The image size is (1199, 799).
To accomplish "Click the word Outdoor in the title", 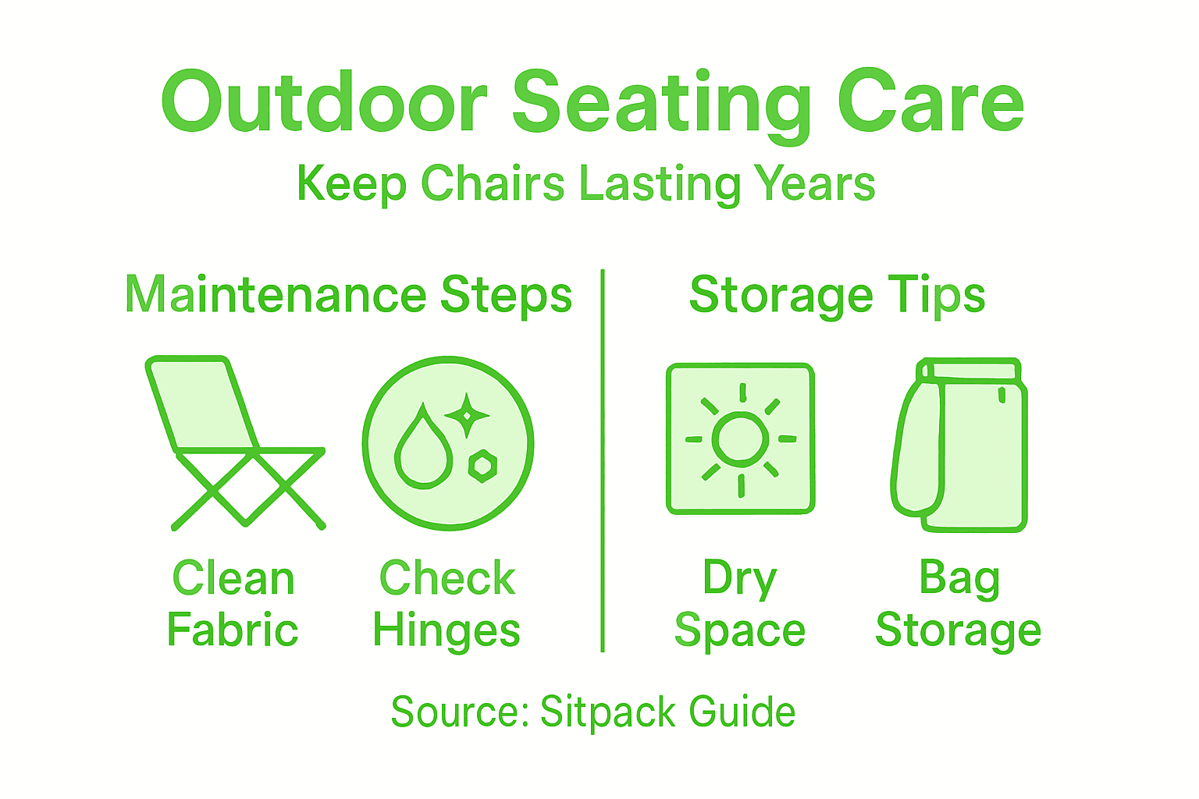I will click(324, 103).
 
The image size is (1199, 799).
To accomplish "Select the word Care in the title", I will click(930, 103).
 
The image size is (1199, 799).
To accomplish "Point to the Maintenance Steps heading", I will click(348, 296).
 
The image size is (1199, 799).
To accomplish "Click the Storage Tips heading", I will click(837, 296).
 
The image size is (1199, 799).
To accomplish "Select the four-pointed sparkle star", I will click(467, 414).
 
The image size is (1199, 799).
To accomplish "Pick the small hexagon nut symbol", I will click(482, 466).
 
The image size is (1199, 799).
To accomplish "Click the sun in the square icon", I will click(740, 439).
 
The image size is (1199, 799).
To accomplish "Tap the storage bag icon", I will click(960, 445).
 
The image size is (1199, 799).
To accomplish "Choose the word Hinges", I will click(447, 630).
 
